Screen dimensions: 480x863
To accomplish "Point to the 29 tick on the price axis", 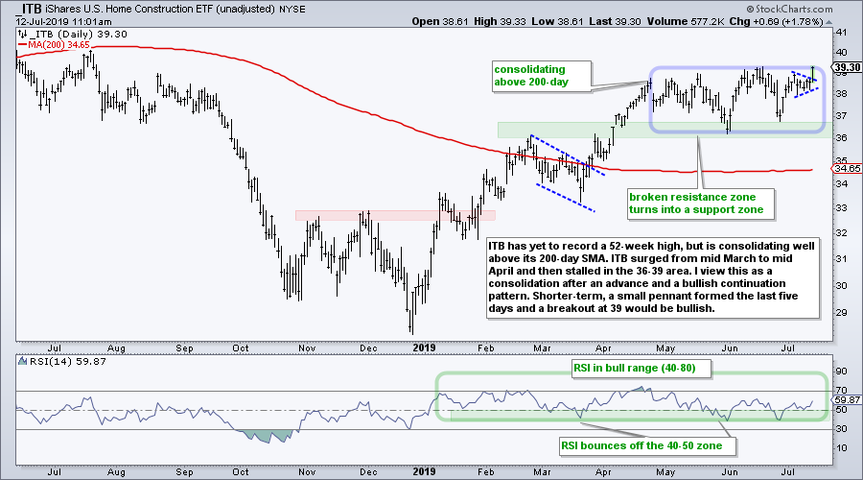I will pos(842,310).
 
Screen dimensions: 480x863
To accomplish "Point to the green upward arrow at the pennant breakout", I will pos(814,71).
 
